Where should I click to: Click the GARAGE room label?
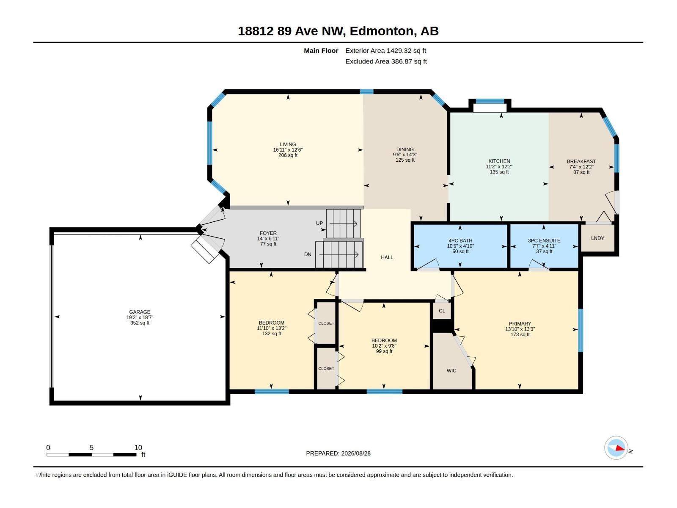(x=140, y=312)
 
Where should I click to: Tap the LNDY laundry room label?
(x=597, y=238)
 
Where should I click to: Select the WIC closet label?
(x=451, y=370)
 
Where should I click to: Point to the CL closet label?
(x=442, y=311)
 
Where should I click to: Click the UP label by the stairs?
(x=319, y=224)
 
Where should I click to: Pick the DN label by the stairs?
(x=308, y=254)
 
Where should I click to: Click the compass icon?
(x=616, y=448)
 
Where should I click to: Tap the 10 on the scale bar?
(x=138, y=447)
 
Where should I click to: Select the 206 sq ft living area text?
(x=288, y=155)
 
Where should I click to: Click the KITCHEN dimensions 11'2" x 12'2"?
(x=499, y=166)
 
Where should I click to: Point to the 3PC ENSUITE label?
(x=544, y=240)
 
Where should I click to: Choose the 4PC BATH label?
(x=460, y=240)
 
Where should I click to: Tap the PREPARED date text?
(x=338, y=453)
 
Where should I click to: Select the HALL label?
(x=387, y=257)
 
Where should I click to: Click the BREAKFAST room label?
(x=581, y=161)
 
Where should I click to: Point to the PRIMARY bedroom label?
(x=520, y=323)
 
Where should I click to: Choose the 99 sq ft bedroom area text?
(x=384, y=351)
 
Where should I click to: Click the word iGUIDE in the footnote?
(x=177, y=475)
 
